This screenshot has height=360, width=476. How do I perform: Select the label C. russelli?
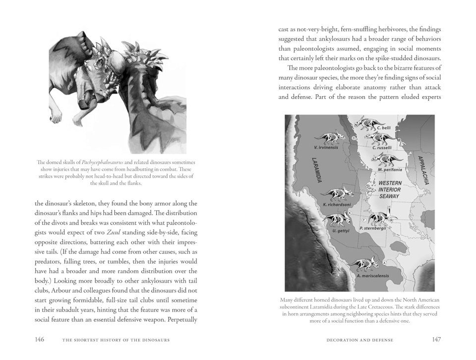click(x=382, y=147)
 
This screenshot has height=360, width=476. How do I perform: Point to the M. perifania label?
click(x=388, y=170)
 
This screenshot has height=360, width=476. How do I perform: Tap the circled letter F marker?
click(x=364, y=219)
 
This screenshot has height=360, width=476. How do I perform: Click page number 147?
click(x=436, y=340)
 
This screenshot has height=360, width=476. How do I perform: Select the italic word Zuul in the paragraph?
click(x=115, y=233)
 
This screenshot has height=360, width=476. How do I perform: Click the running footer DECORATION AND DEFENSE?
click(x=360, y=340)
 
